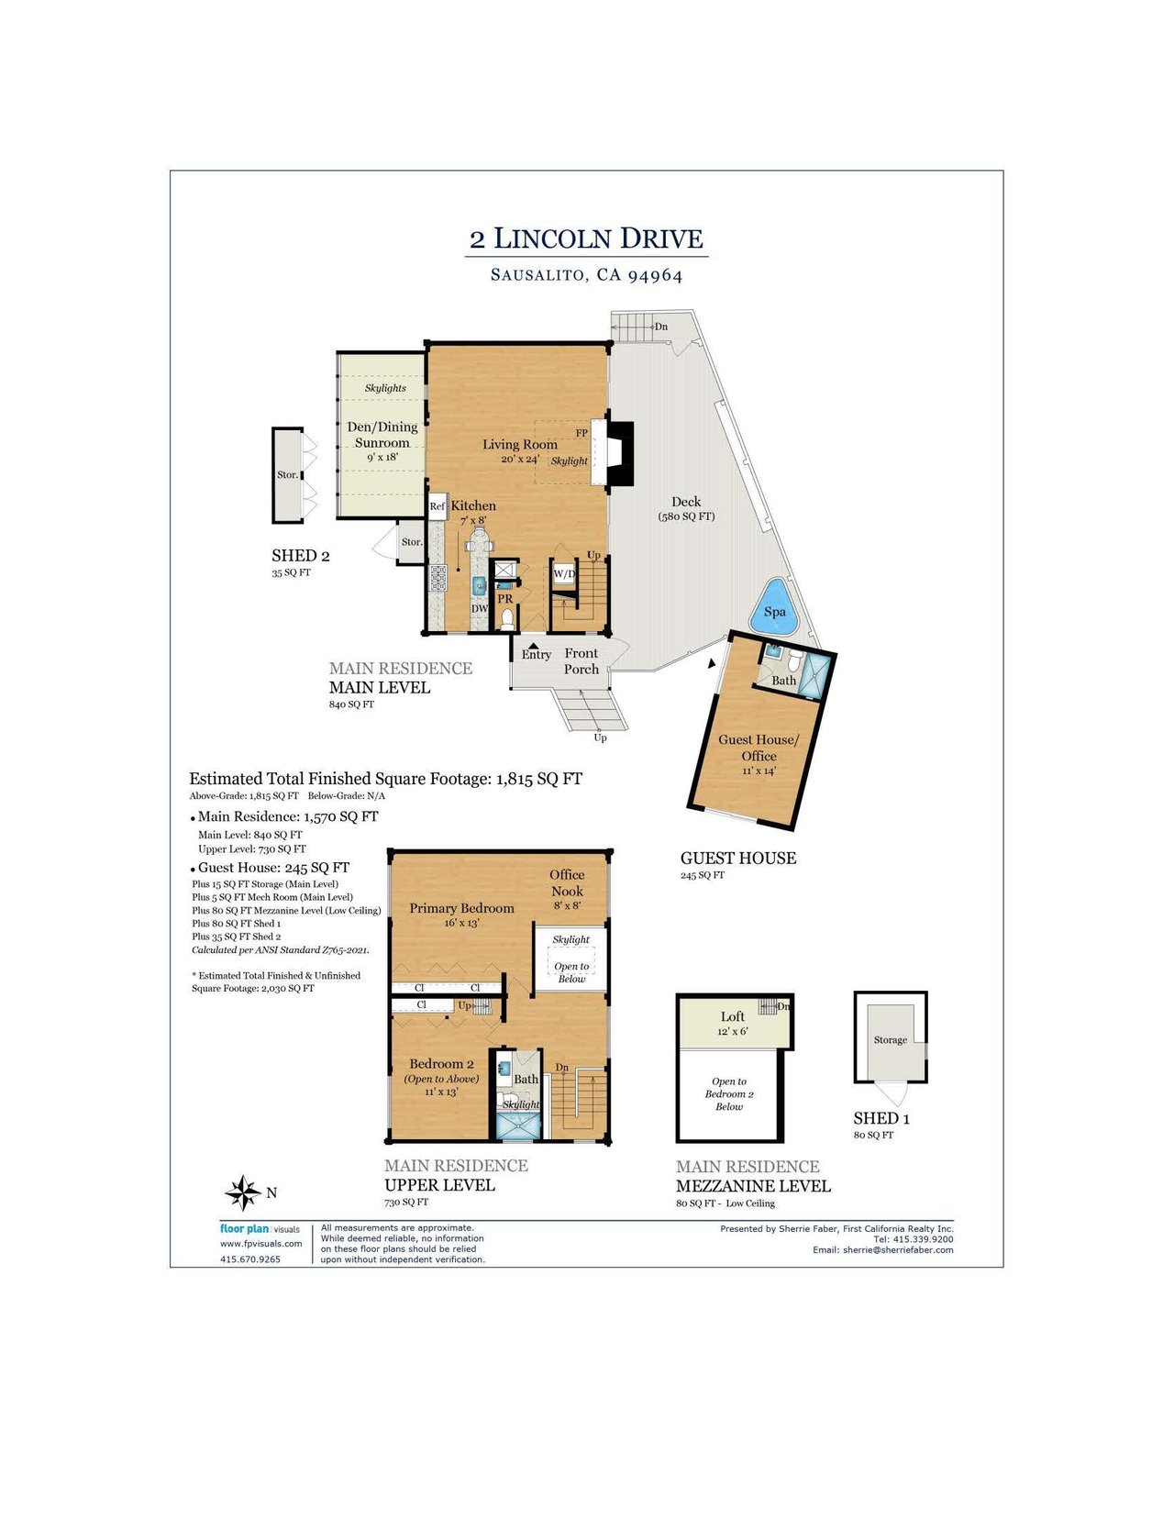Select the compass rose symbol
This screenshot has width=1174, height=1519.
243,1192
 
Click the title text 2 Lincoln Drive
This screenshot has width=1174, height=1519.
586,238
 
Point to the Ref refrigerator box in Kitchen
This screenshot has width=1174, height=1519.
437,506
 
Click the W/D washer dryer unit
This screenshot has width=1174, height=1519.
564,574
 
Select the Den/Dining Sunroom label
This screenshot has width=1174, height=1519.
382,435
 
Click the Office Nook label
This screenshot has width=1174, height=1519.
567,882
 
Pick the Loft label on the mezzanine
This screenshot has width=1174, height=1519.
732,1016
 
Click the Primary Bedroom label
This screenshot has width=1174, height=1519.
461,908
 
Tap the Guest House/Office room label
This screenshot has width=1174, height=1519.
759,748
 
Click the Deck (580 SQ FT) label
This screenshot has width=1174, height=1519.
686,508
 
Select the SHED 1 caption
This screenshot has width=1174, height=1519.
881,1118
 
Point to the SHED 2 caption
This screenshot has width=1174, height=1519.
300,556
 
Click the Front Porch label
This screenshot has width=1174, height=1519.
581,661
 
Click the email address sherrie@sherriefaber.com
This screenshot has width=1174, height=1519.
899,1250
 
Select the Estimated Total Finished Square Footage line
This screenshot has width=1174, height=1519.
385,779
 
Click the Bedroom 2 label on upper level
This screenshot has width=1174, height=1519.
441,1064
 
